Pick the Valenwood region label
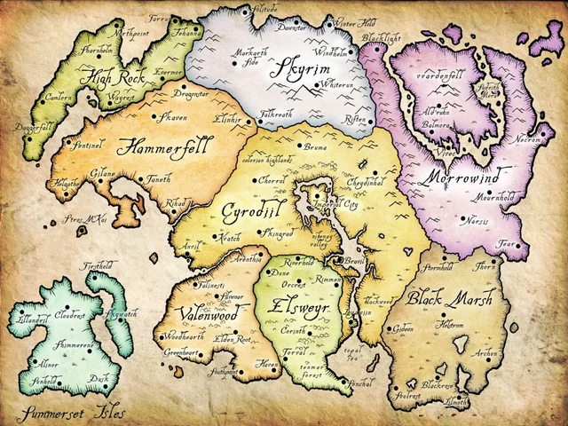(x=192, y=315)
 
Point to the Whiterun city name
(x=317, y=84)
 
